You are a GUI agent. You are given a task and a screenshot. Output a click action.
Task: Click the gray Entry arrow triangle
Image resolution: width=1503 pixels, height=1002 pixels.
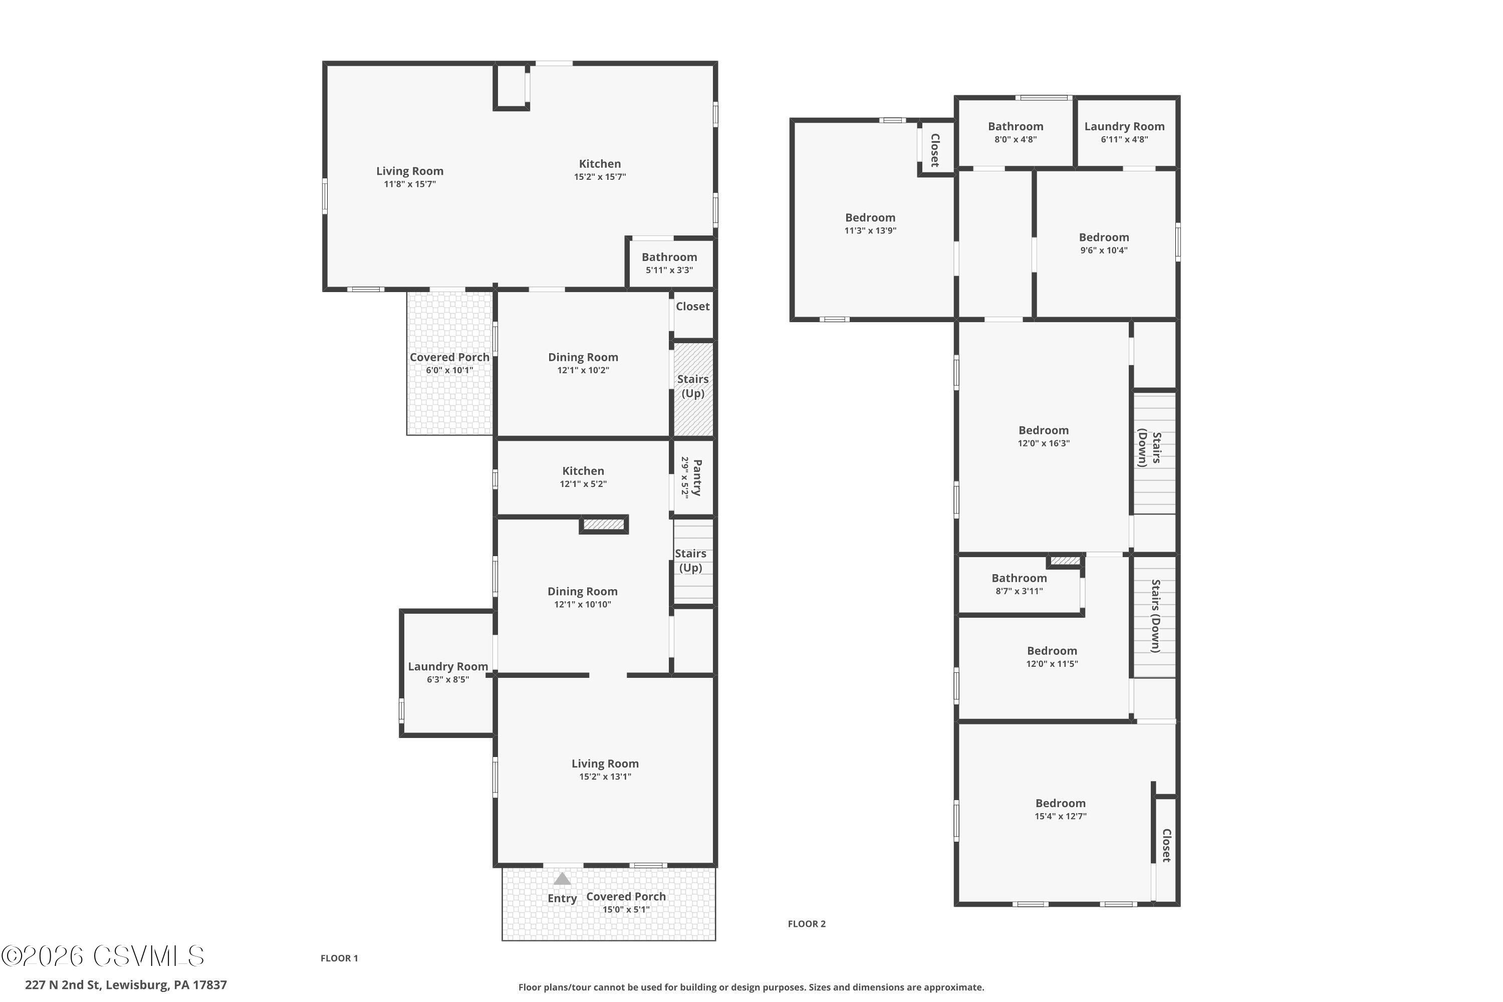coord(562,879)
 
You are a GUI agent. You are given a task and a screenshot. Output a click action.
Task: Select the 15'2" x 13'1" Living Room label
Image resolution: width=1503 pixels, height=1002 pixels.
coord(605,770)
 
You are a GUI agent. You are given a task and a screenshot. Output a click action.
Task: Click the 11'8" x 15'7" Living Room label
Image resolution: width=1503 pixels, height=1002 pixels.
coord(410,177)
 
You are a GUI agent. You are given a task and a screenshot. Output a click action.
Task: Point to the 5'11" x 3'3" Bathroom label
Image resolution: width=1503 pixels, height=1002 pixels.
coord(669,263)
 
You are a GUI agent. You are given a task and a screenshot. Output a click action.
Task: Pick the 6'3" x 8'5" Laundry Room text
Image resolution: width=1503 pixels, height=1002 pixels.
coord(447,672)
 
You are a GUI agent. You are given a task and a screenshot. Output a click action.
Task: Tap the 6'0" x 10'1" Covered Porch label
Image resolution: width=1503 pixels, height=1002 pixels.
coord(449,363)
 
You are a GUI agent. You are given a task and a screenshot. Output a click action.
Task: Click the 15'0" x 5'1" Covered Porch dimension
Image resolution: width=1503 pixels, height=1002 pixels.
coord(626,909)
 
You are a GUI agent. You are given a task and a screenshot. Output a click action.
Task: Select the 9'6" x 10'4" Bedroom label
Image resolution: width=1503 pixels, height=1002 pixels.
coord(1104,243)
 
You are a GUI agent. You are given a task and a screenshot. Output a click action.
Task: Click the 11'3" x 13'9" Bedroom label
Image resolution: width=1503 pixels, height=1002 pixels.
coord(870,223)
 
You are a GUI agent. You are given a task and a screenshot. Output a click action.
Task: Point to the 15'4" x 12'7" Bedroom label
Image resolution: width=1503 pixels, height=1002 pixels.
coord(1060,809)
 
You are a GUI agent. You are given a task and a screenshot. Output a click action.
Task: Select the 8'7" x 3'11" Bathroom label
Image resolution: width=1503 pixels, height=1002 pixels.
coord(1019,584)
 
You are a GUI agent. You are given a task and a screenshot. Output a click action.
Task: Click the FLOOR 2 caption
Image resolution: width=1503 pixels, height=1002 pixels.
coord(807,923)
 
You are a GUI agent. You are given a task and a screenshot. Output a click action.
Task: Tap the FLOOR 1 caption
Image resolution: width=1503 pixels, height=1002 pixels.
coord(339,958)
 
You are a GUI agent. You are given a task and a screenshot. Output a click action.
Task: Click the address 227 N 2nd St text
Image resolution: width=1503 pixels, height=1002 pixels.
coord(126,985)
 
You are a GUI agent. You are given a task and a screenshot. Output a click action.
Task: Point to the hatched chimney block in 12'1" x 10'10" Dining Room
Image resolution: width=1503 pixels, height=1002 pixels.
coord(604,525)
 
